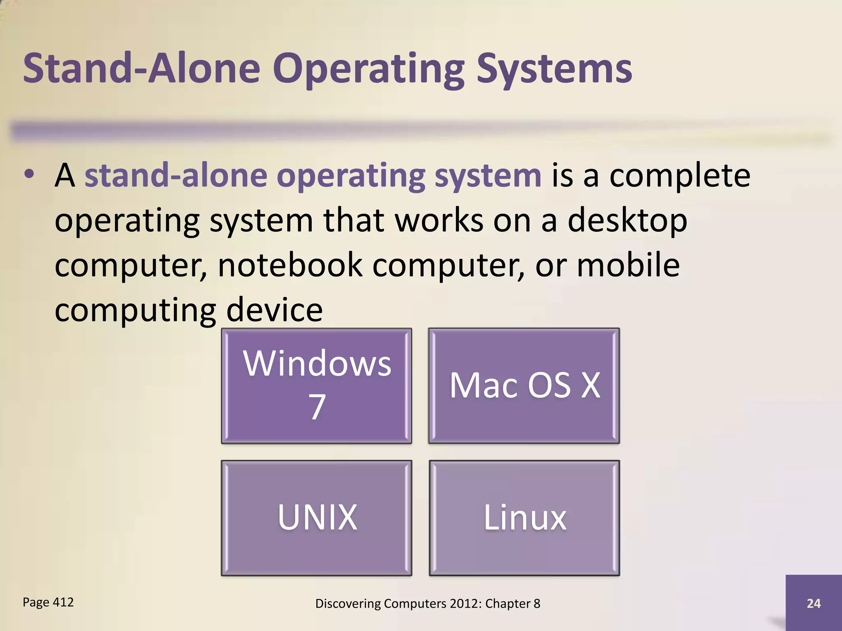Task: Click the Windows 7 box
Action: [316, 385]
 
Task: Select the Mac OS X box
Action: [524, 385]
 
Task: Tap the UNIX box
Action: [316, 518]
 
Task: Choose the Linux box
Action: [524, 518]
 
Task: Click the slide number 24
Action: [814, 603]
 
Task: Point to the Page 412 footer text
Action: [48, 602]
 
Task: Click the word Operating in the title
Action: [368, 69]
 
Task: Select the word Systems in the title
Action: [554, 69]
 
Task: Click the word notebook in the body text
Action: [290, 265]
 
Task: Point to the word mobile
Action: [628, 265]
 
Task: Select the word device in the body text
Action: [274, 310]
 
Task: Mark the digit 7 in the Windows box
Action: [317, 407]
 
